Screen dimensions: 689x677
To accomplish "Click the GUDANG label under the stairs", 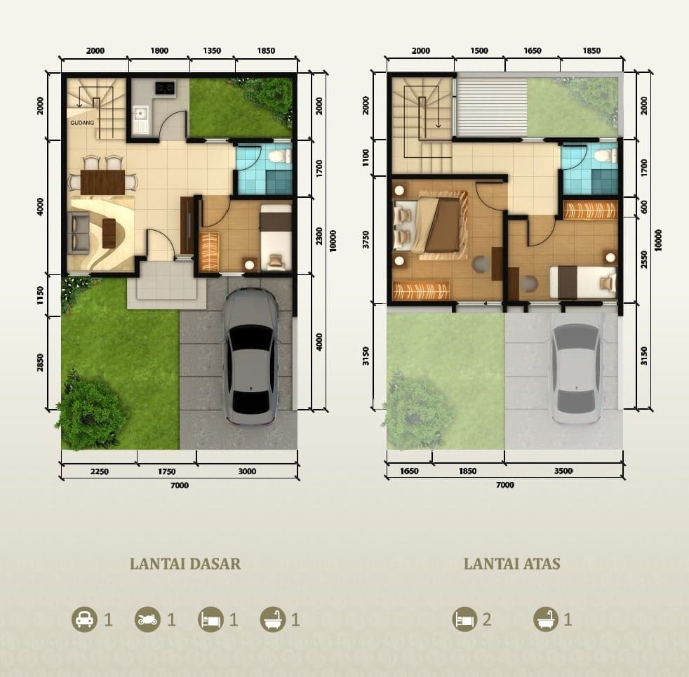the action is coord(82,123).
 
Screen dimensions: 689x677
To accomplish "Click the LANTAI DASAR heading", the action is coord(185,563).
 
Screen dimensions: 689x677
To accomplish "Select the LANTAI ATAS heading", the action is coord(512,563).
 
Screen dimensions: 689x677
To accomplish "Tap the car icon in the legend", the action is coord(84,619).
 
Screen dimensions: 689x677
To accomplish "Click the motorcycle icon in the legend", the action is coord(147,619).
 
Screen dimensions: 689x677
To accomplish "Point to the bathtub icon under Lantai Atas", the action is coord(546,619).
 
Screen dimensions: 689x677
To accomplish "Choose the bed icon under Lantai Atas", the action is coord(465,619).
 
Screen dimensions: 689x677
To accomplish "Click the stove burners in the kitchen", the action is coord(165,88).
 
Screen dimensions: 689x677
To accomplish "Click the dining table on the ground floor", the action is coord(103,182).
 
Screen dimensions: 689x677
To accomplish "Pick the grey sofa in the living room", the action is coord(77,233).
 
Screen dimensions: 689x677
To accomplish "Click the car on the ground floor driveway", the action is coord(250,356).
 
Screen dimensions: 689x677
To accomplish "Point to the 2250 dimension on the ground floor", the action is coord(100,471).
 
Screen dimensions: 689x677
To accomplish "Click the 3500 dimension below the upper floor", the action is coord(563,471).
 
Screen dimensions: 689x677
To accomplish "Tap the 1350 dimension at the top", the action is coord(212,51).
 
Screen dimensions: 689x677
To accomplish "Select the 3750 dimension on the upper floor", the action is coord(366,239).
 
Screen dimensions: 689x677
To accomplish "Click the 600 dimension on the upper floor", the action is coord(644,207).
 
